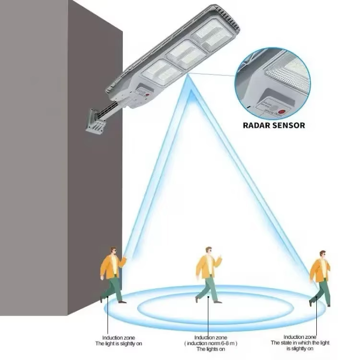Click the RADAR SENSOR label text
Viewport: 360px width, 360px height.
pyautogui.click(x=273, y=125)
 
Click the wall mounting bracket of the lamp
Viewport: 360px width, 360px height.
pyautogui.click(x=95, y=122)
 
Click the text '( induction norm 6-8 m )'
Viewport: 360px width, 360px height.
pyautogui.click(x=208, y=344)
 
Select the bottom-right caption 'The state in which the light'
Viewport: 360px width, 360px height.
pyautogui.click(x=300, y=343)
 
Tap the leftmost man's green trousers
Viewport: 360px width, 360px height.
pyautogui.click(x=112, y=288)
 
